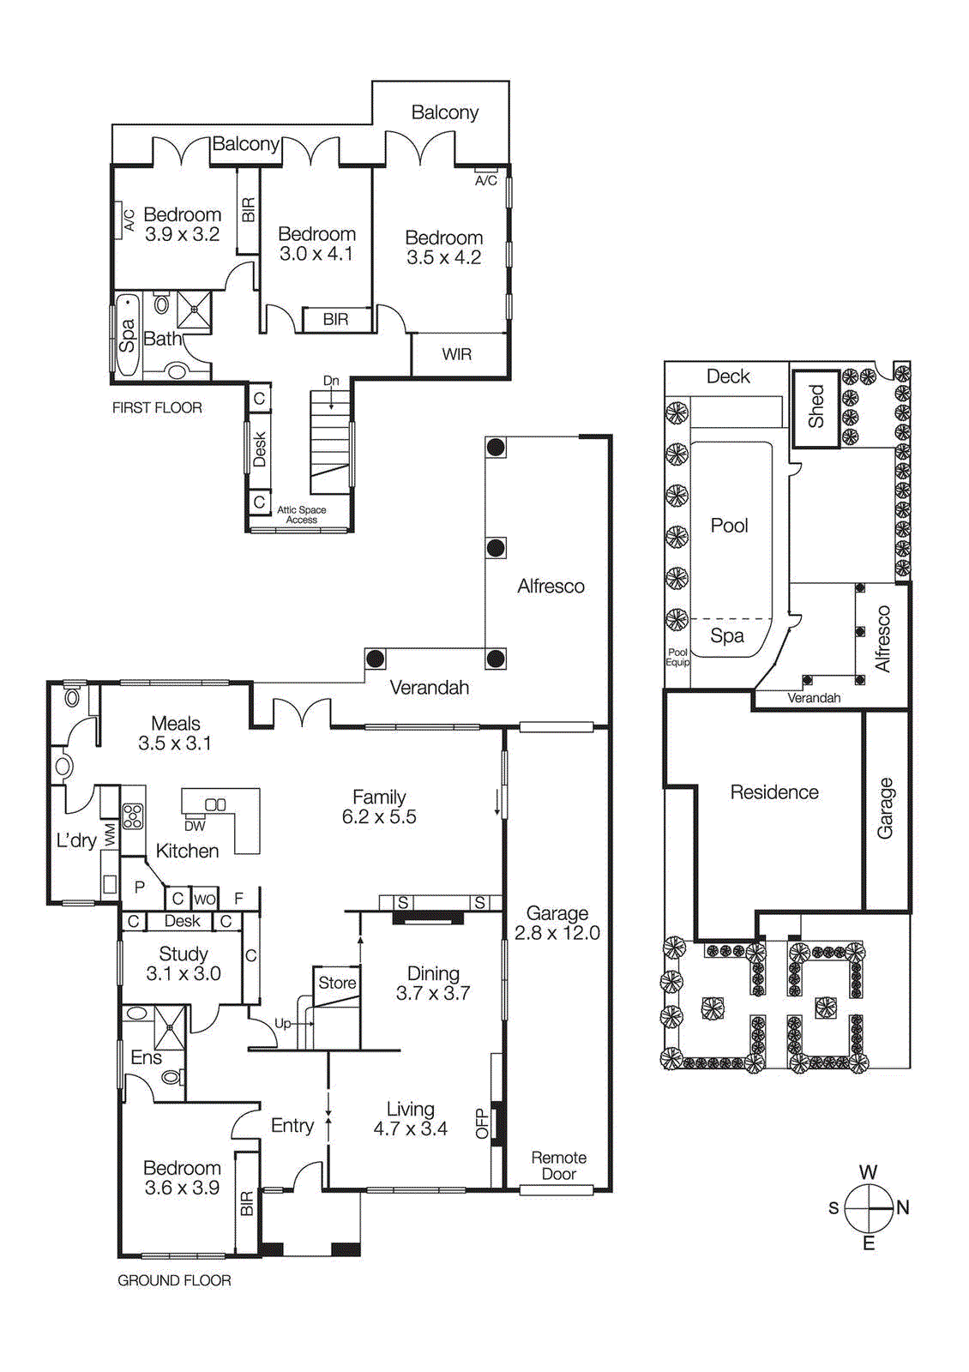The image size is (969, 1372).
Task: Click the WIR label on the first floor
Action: tap(456, 354)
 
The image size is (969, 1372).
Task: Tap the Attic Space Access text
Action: tap(301, 514)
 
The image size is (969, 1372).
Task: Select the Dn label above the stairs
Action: tap(331, 381)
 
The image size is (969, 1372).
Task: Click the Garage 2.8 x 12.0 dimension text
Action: tap(557, 933)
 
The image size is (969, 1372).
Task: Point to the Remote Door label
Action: tap(558, 1165)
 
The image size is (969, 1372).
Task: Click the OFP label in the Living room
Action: tap(481, 1123)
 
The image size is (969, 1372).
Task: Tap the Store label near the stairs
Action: tap(337, 983)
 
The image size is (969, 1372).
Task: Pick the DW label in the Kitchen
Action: tap(195, 826)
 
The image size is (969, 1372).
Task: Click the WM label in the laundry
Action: tap(110, 835)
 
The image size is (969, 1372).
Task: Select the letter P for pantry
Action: tap(139, 888)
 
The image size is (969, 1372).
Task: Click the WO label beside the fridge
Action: tap(205, 899)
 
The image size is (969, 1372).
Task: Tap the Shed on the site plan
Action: tap(816, 406)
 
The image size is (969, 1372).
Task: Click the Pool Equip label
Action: tap(677, 657)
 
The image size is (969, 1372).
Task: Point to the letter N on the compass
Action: tap(902, 1207)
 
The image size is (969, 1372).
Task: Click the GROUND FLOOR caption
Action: tap(174, 1280)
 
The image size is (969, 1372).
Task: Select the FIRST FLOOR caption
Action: tap(157, 408)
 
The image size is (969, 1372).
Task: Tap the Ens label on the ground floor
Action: tap(146, 1057)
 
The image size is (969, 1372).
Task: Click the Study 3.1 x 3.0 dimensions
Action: tap(184, 973)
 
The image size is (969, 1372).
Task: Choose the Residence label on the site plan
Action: tap(773, 792)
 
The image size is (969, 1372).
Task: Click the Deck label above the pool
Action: tap(728, 376)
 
